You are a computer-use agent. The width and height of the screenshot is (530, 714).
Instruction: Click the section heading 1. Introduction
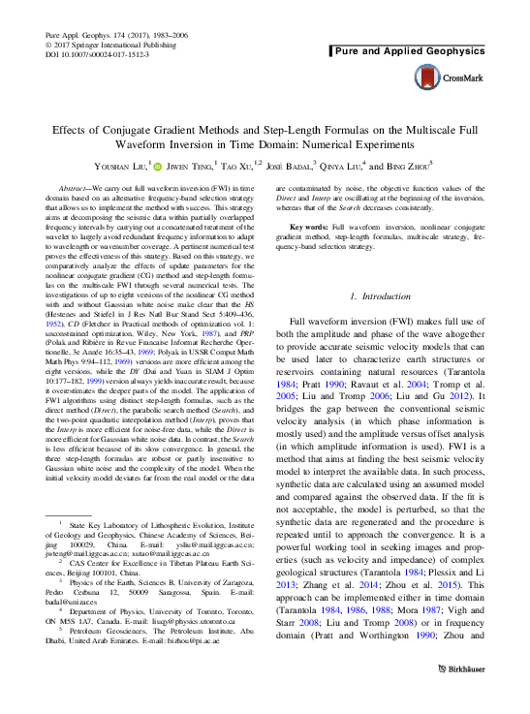(383, 295)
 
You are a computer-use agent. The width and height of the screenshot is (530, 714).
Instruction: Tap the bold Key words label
(308, 253)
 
